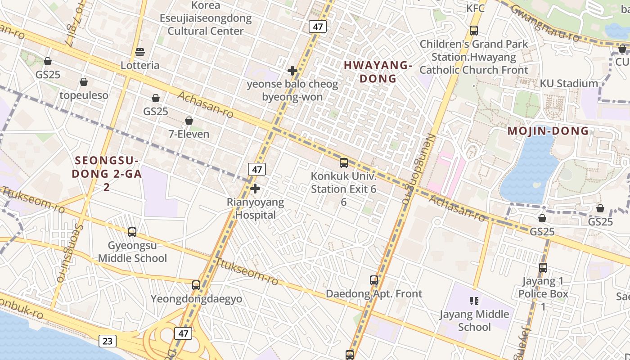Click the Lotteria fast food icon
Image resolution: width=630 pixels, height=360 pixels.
coord(140,52)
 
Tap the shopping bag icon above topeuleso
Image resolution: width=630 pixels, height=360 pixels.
coord(84,82)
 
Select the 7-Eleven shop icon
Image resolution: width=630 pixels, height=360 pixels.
coord(189,121)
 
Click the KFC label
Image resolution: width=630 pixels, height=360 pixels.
coord(476,8)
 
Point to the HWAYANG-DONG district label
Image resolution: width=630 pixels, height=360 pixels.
coord(378,72)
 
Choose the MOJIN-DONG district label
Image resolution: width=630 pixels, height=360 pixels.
coord(548,131)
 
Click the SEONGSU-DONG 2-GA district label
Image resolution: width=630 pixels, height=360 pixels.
coord(108,173)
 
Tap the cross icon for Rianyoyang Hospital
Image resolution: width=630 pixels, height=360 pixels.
coord(255,189)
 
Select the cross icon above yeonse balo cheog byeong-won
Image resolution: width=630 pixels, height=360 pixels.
coord(292,71)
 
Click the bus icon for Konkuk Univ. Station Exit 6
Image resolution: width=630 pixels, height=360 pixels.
coord(344,162)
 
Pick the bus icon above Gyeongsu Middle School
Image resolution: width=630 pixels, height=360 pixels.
coord(132,232)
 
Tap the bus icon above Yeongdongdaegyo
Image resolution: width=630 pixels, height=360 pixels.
coord(196,285)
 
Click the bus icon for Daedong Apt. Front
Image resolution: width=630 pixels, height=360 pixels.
coord(374,280)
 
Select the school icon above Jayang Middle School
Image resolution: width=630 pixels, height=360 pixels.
coord(474,301)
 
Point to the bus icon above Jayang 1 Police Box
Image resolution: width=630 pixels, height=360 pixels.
coord(543,268)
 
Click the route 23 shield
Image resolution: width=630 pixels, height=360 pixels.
coord(107,341)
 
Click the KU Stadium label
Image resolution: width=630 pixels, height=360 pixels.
coord(569,83)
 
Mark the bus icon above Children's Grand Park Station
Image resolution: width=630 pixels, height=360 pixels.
coord(474,31)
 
